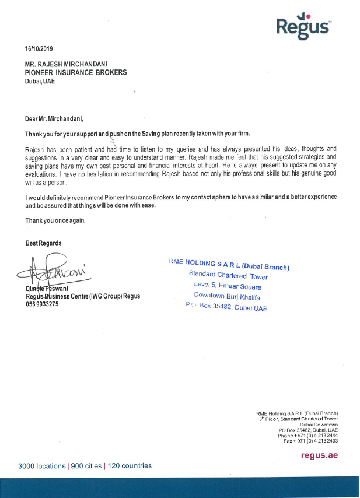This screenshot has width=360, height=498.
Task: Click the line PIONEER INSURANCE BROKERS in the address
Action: (x=76, y=73)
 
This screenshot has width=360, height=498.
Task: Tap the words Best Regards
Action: (x=43, y=243)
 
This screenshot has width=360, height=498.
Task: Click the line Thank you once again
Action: (x=55, y=221)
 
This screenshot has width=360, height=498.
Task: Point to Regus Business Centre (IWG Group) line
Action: (x=82, y=296)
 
